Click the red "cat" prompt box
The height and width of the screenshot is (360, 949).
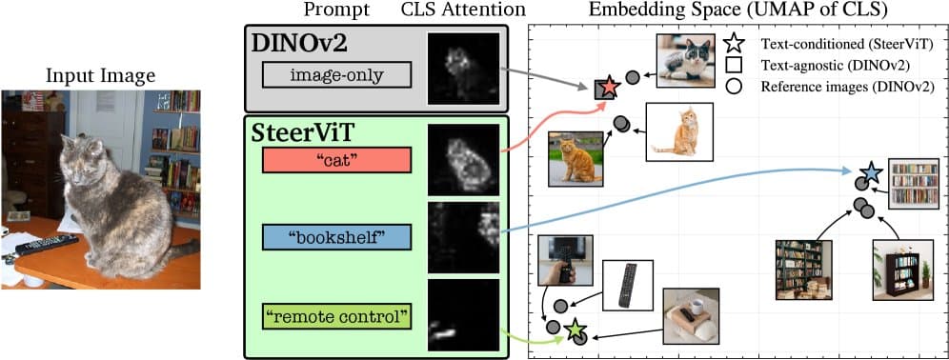coord(336,160)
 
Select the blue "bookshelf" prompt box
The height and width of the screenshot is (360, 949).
coord(336,237)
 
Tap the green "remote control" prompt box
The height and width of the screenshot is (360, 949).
coord(336,314)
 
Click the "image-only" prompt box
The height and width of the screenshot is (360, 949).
coord(336,75)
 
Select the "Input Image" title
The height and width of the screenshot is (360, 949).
coord(100,75)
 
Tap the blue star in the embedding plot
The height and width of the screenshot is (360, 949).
coord(870,173)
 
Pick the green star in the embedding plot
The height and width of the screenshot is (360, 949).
coord(575,330)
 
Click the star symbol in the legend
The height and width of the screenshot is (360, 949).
coord(733,43)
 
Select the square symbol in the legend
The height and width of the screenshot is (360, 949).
coord(733,66)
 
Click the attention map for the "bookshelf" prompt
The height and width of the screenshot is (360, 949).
coord(464,236)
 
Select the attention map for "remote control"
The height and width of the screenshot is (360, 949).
coord(464,315)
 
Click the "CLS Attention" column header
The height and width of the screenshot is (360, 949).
coord(462,10)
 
